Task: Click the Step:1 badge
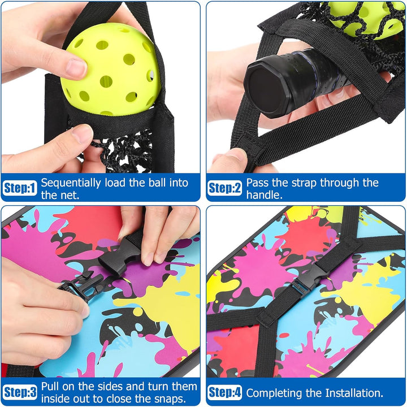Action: pyautogui.click(x=20, y=188)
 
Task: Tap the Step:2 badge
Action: pyautogui.click(x=225, y=188)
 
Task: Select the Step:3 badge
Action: pyautogui.click(x=20, y=392)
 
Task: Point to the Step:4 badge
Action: pyautogui.click(x=225, y=392)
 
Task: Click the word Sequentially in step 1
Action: pyautogui.click(x=71, y=183)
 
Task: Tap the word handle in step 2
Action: pyautogui.click(x=264, y=194)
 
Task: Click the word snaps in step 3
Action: pyautogui.click(x=170, y=399)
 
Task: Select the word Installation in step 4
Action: pyautogui.click(x=354, y=393)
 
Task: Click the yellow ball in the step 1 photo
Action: pyautogui.click(x=110, y=70)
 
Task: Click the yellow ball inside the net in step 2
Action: pyautogui.click(x=363, y=18)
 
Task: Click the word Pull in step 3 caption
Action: pyautogui.click(x=50, y=386)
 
